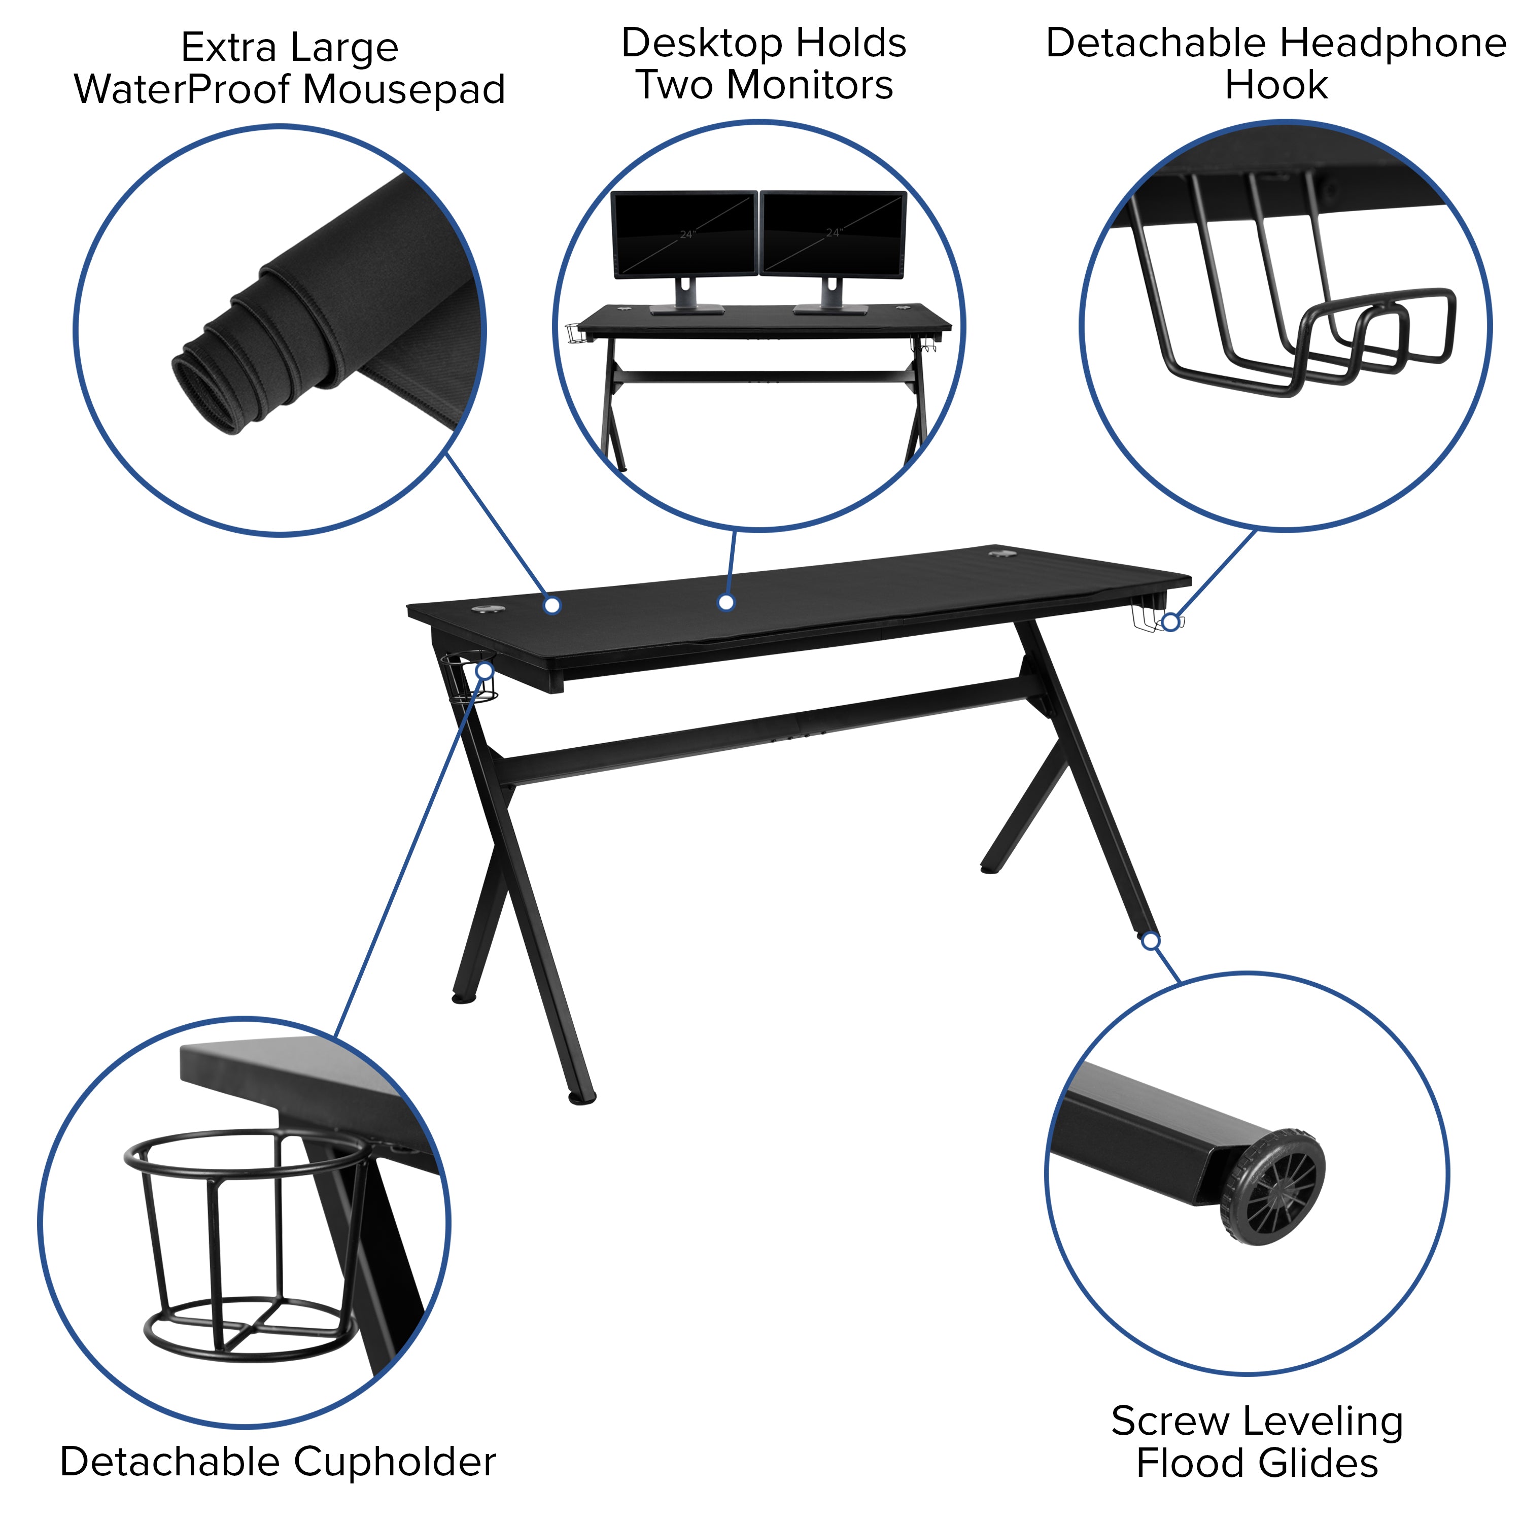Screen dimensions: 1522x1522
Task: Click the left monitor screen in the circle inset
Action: click(684, 233)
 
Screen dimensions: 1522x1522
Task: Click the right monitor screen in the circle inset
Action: click(833, 233)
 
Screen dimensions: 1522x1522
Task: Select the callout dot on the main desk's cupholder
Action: click(486, 670)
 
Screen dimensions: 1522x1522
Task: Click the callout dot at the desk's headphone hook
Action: click(1170, 622)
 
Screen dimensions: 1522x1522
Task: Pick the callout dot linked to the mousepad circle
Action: click(552, 605)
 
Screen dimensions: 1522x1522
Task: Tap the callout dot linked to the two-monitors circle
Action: click(727, 603)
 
